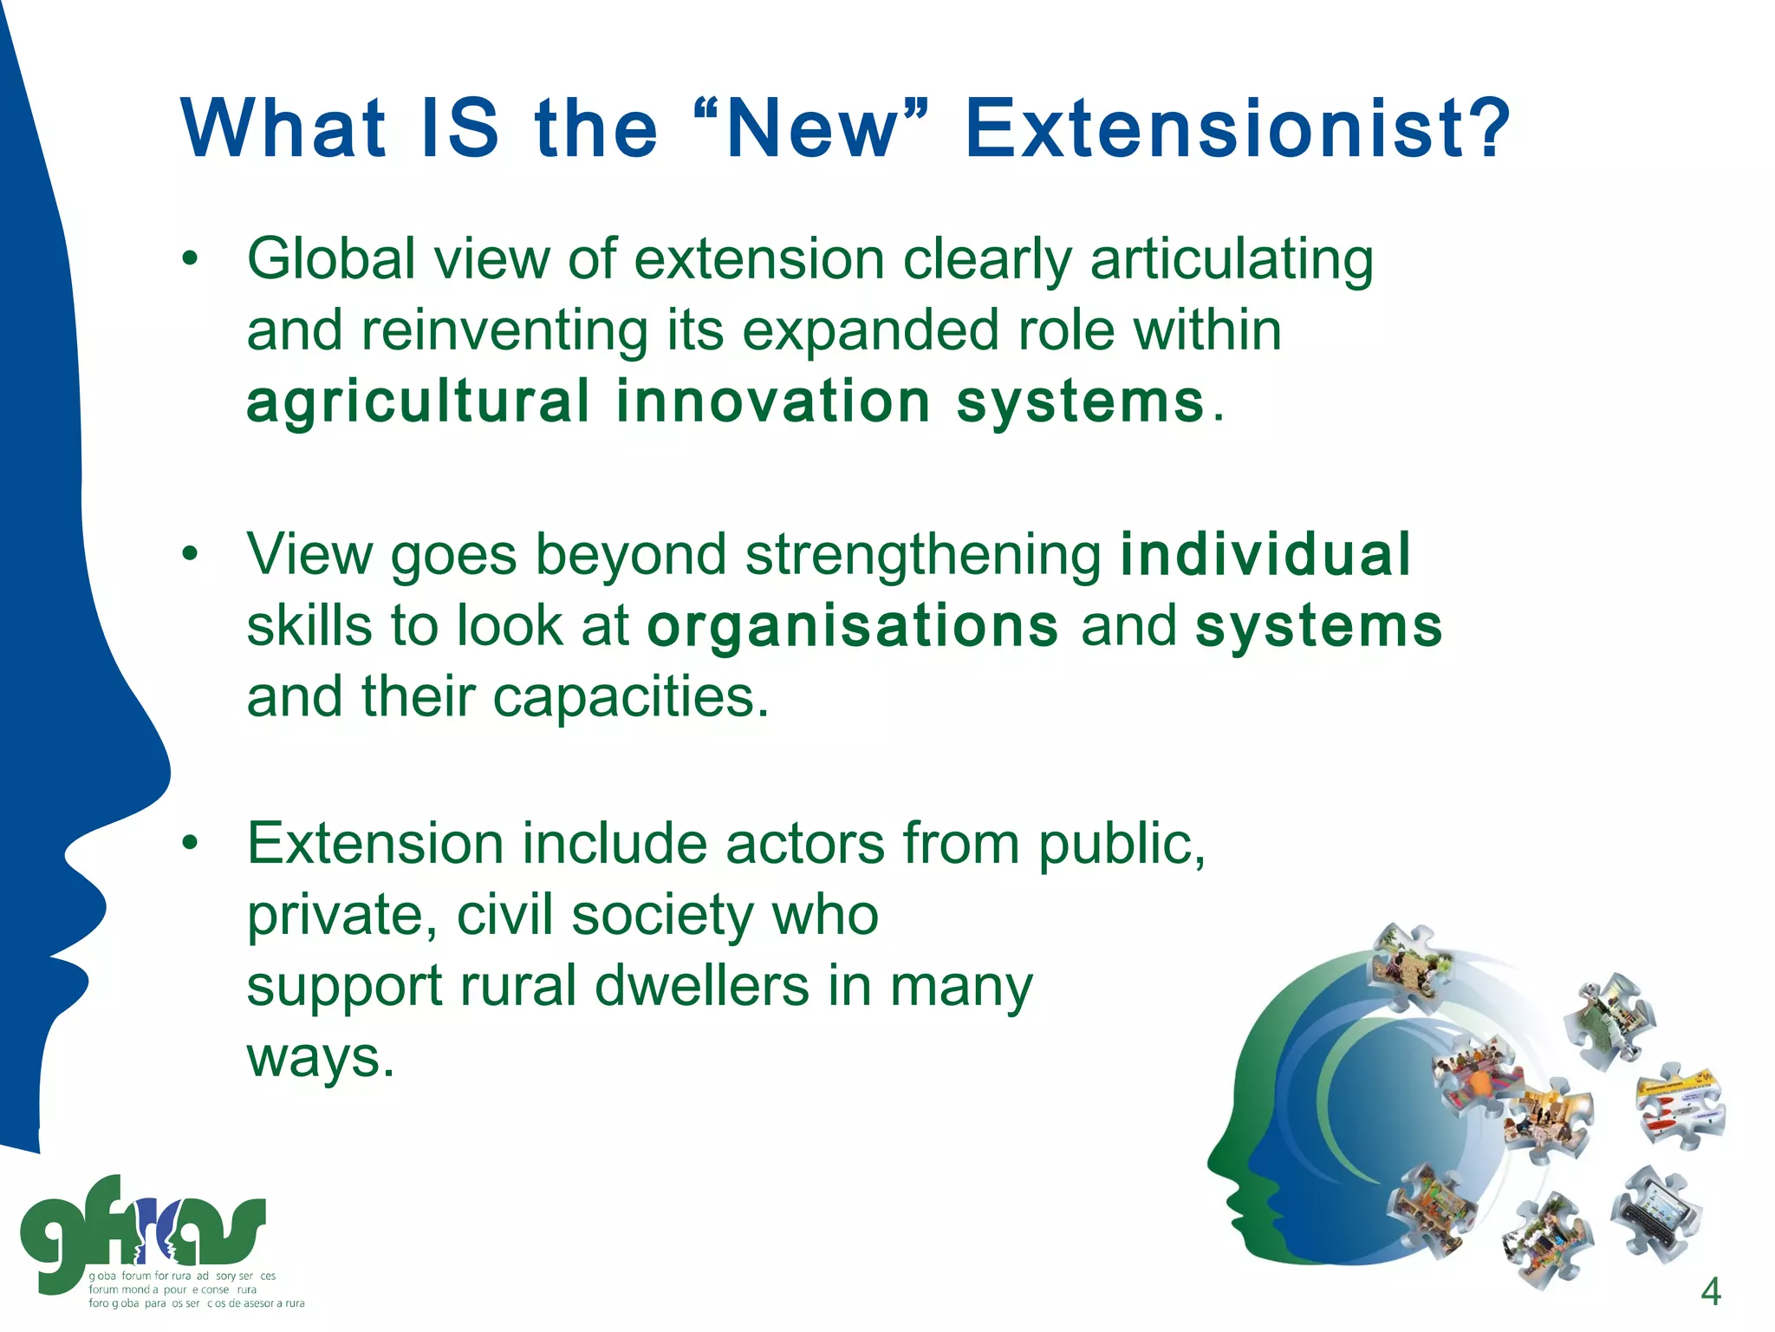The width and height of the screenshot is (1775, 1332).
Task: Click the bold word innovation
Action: (773, 402)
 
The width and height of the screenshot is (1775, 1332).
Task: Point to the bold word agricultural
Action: (419, 402)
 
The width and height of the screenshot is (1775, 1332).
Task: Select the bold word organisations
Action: (853, 626)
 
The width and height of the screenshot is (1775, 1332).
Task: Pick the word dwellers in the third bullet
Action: (702, 987)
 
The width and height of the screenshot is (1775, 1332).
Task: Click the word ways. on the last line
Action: (321, 1058)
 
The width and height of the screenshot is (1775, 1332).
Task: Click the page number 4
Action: (1710, 1292)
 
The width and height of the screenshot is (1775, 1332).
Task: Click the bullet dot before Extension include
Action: (191, 843)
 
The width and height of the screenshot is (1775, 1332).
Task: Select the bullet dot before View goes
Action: (191, 554)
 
